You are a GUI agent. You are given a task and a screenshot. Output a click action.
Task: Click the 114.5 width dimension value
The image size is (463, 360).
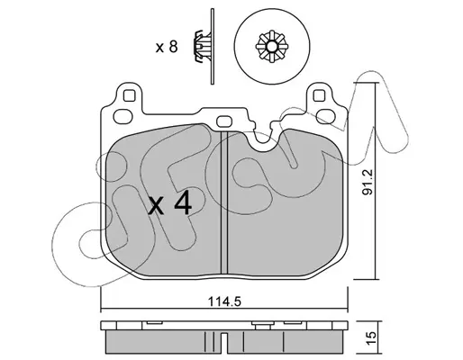click(x=224, y=301)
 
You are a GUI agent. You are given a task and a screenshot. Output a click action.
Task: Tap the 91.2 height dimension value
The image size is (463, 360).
click(x=367, y=182)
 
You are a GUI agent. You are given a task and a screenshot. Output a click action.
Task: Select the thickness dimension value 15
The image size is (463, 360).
click(x=371, y=338)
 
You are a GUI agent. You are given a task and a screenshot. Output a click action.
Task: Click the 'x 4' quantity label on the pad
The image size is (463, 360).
click(x=170, y=204)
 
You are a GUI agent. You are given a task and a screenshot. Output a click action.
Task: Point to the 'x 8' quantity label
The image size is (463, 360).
click(x=167, y=47)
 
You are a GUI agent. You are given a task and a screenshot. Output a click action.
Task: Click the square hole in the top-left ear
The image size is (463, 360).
click(x=129, y=96)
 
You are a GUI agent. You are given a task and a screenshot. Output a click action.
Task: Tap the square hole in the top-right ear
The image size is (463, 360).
click(x=319, y=96)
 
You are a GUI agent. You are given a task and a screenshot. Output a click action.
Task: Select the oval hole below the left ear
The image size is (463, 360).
click(x=123, y=116)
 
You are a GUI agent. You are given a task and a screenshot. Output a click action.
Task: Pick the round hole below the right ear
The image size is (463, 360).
click(x=326, y=116)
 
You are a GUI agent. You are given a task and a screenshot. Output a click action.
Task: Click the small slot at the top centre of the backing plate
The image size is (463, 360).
click(x=224, y=121)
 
